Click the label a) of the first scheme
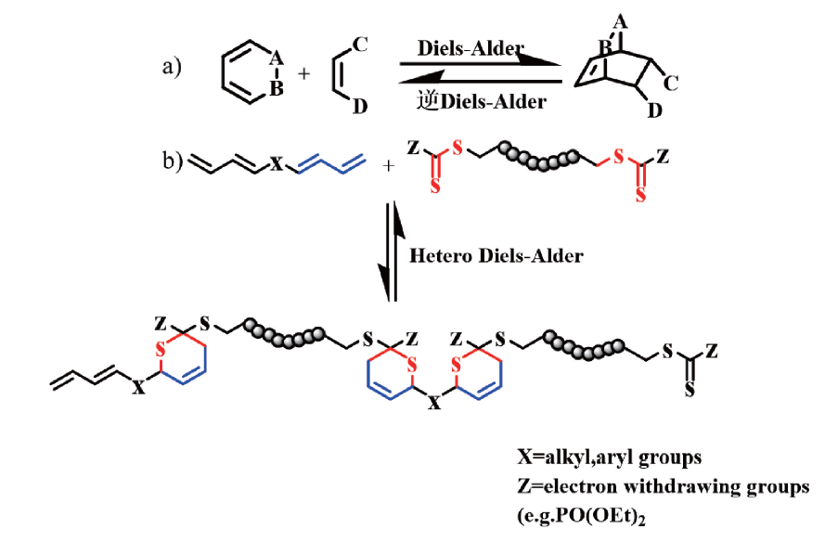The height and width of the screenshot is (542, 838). [172, 68]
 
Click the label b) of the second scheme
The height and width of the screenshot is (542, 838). [173, 161]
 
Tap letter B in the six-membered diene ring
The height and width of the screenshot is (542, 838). [277, 88]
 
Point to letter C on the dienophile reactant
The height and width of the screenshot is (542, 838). [360, 45]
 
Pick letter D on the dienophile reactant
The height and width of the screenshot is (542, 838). [360, 107]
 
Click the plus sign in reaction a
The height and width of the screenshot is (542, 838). [303, 73]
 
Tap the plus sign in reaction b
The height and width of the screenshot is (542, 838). [389, 166]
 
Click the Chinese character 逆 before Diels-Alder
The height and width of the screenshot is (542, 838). [428, 100]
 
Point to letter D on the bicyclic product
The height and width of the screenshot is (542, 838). [654, 110]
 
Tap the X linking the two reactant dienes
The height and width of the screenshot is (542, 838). [277, 164]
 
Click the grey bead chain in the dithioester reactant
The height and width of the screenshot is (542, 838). [538, 156]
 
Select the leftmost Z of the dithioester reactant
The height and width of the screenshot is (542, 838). [413, 148]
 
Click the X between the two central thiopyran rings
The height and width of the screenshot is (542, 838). [435, 402]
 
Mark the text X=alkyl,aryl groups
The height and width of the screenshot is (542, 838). [610, 457]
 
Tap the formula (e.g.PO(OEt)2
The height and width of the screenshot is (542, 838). [582, 516]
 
